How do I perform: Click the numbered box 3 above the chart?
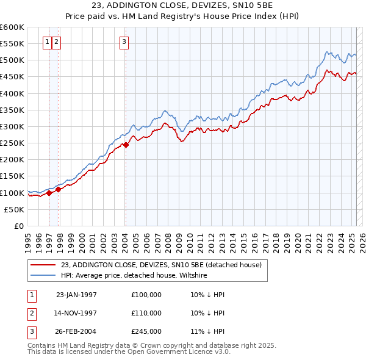click(x=124, y=42)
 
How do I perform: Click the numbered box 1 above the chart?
click(x=48, y=42)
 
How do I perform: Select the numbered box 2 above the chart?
click(x=56, y=42)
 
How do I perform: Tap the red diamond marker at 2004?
click(x=126, y=145)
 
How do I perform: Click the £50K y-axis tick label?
click(x=14, y=209)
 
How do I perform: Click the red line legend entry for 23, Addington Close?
click(x=161, y=265)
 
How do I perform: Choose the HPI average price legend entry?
click(x=134, y=275)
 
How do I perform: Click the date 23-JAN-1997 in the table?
click(x=76, y=295)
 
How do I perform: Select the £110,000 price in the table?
click(x=146, y=312)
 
